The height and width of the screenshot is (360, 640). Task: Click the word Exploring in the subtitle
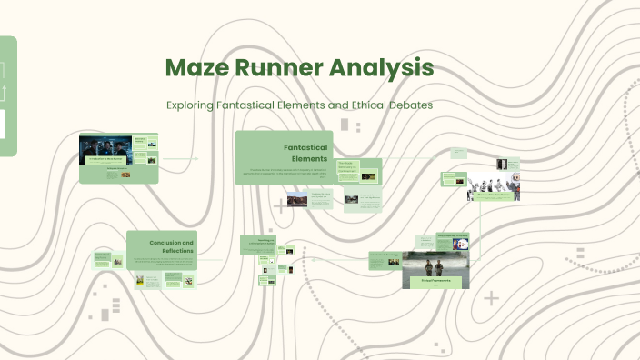point(193,105)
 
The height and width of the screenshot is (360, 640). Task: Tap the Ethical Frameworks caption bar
point(435,282)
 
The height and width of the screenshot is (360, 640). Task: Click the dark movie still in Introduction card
point(105,149)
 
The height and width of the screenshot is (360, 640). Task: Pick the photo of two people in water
point(435,267)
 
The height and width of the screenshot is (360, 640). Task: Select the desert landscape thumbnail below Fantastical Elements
point(297,199)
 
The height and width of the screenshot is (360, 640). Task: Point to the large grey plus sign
point(491,297)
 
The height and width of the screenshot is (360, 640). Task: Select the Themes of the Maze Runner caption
point(494,195)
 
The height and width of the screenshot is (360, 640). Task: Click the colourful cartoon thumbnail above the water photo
point(462,243)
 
